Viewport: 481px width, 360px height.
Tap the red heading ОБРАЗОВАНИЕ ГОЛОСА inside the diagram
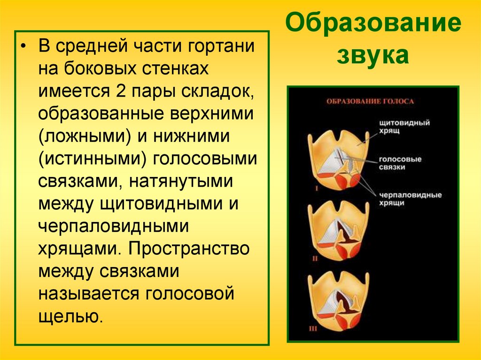coord(371,101)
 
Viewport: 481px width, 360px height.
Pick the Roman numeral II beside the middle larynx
coord(316,258)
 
